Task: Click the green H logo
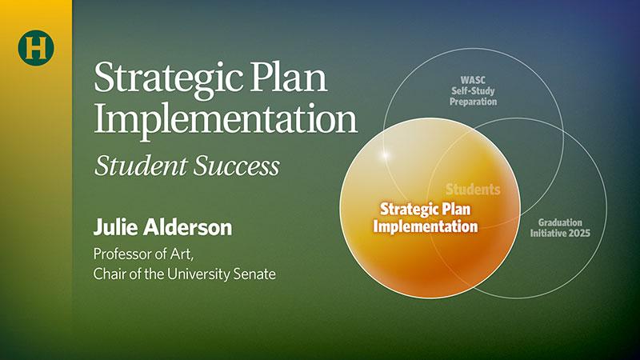click(36, 48)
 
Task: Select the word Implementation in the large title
click(226, 118)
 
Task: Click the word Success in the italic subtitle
click(237, 166)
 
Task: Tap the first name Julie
click(115, 227)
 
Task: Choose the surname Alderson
click(188, 227)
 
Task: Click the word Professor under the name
click(121, 254)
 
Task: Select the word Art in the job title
click(182, 254)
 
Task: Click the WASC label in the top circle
click(473, 81)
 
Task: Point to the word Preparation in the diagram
click(473, 102)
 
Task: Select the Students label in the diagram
click(473, 190)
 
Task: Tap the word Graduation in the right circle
click(560, 223)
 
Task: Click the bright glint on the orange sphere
click(384, 154)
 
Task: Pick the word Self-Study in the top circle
click(473, 91)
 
